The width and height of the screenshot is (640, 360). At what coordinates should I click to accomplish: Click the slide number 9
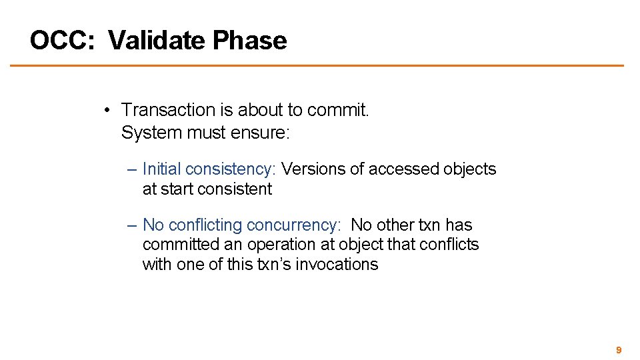coord(619,350)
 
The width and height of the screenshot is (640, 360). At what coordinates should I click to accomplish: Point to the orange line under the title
coord(317,65)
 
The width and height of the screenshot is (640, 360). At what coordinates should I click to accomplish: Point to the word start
coord(174,189)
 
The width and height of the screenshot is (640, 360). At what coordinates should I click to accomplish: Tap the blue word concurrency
coord(293,225)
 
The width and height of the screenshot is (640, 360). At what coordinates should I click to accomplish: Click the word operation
coord(280,245)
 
